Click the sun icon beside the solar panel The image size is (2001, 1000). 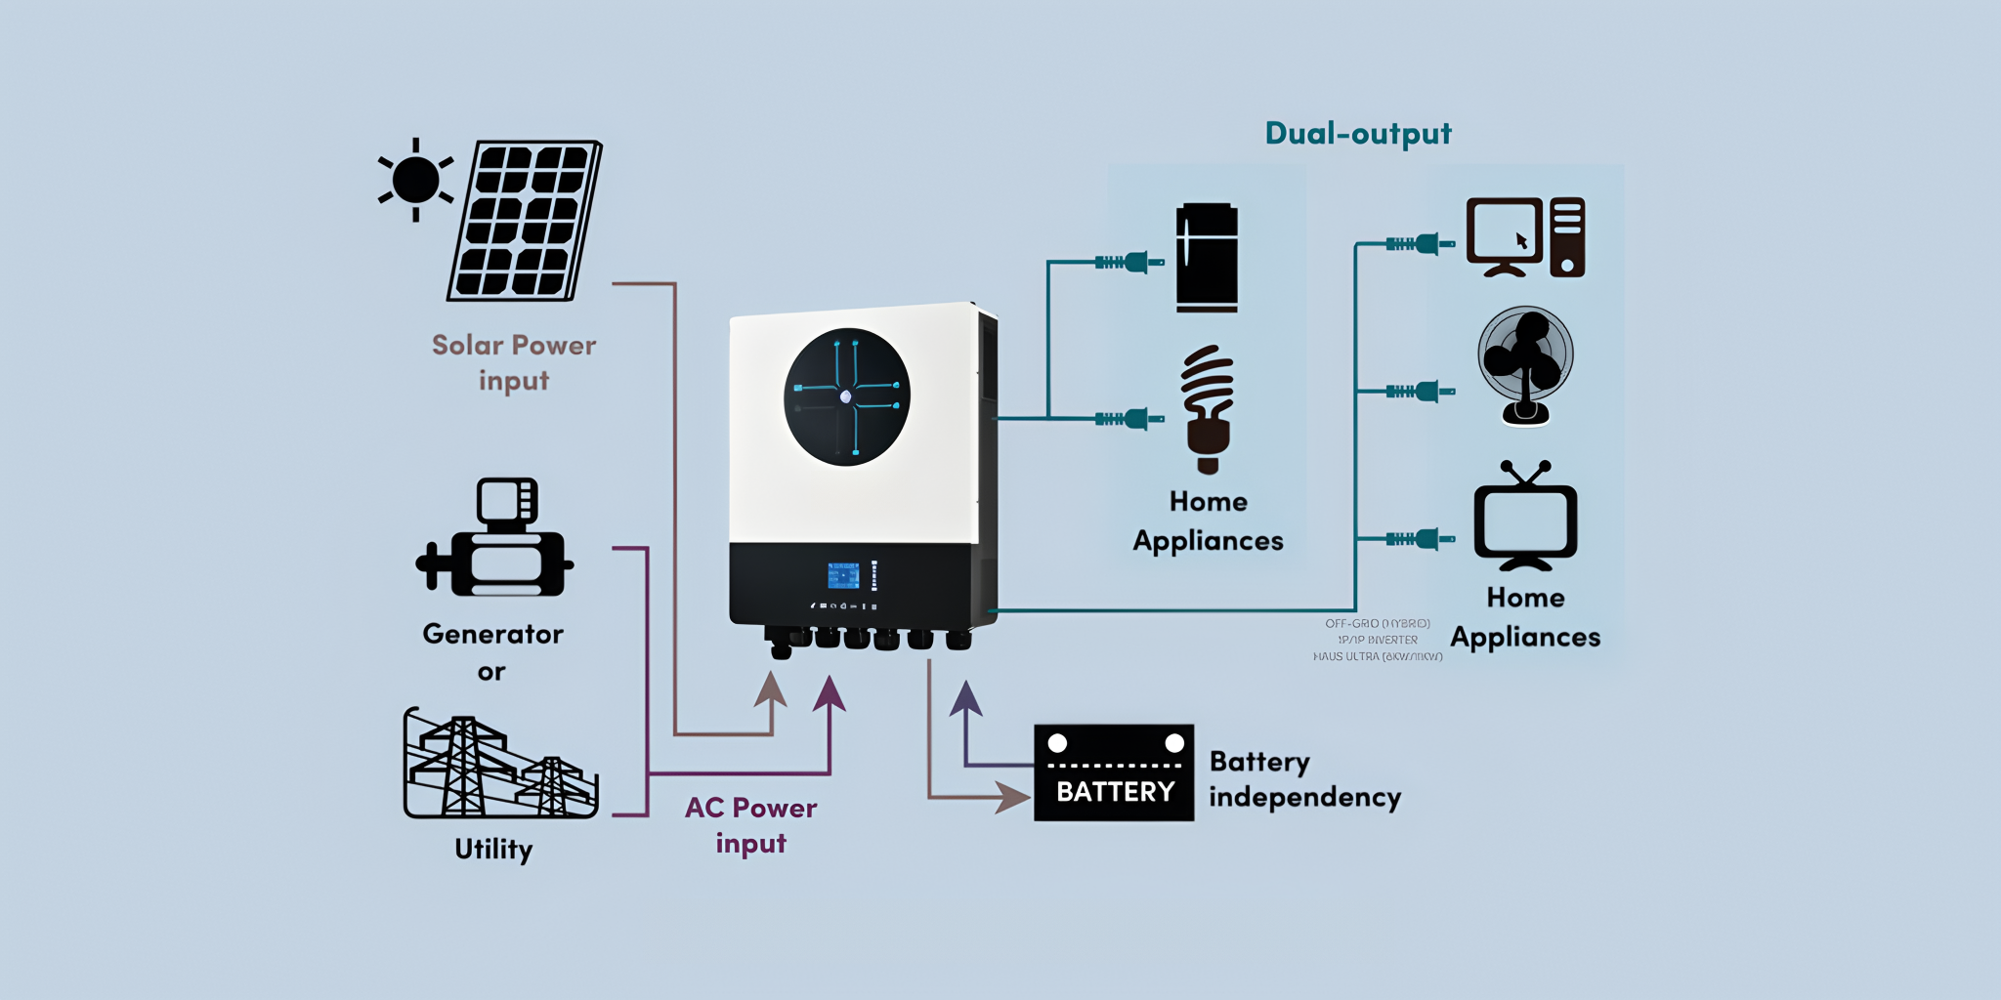416,180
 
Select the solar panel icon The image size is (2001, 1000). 525,221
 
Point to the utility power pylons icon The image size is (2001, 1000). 499,766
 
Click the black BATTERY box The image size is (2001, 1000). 1114,772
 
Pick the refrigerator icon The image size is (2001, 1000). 1207,258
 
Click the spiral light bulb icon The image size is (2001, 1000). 1209,409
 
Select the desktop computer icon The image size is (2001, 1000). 1525,237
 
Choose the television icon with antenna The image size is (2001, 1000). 1525,518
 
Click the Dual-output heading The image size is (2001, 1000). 1358,133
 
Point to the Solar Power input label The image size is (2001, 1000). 514,362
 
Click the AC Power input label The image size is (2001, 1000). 750,825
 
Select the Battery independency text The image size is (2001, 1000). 1304,779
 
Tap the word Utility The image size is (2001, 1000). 493,849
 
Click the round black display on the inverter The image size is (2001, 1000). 846,396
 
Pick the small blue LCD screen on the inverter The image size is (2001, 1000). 843,575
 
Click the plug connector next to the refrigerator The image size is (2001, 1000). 1130,262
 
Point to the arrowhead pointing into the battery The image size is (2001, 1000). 1012,797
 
